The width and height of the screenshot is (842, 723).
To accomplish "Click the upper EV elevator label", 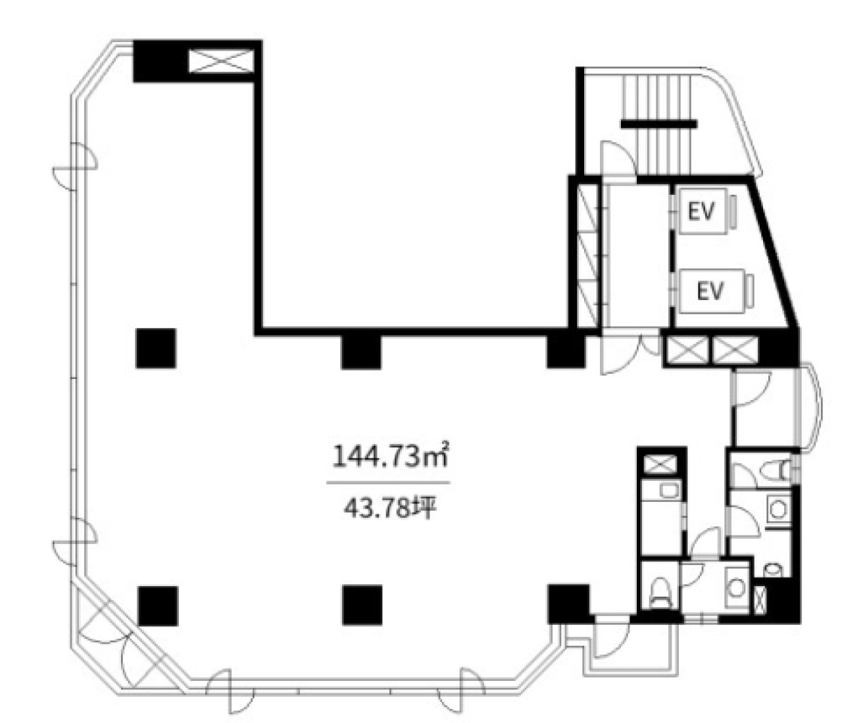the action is point(701,211).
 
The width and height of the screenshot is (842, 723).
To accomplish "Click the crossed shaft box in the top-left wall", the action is point(221,61).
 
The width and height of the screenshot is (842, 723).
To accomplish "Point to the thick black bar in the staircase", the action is point(658,124).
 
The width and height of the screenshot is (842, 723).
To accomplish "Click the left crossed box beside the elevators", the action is point(689,350).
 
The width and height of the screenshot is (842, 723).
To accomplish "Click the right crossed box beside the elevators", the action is point(735,350).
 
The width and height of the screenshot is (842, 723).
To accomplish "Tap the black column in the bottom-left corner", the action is point(158,606).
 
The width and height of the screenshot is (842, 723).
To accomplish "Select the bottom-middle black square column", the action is point(362,605).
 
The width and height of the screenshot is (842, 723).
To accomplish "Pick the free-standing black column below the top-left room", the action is point(156,348).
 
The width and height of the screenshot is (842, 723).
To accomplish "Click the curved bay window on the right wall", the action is point(808,406).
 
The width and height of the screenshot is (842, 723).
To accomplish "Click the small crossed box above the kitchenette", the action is point(662,464).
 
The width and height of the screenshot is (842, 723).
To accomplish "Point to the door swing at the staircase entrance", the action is point(618,158).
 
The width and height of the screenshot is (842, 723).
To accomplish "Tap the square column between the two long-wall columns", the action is point(361,349).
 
